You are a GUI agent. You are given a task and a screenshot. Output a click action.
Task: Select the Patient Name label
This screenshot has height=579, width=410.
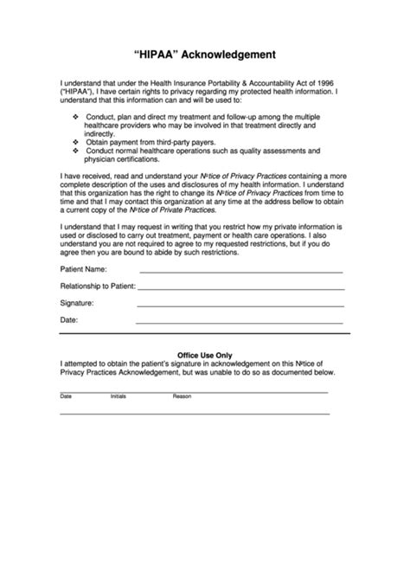[x=84, y=270]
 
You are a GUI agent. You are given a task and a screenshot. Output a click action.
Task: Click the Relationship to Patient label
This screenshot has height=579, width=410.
[x=96, y=286]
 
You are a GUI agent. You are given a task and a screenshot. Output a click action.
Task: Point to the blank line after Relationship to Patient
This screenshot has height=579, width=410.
[x=242, y=289]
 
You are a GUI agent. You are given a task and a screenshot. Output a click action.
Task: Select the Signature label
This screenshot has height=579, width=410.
[x=77, y=304]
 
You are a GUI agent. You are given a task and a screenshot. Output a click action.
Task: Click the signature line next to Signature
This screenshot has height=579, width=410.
[x=242, y=306]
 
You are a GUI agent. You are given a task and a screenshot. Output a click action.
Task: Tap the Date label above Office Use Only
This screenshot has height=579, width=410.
[x=68, y=321]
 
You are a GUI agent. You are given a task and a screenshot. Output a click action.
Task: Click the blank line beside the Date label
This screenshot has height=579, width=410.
[x=242, y=324]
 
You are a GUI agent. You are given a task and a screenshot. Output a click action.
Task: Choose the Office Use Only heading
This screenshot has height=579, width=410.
[x=204, y=355]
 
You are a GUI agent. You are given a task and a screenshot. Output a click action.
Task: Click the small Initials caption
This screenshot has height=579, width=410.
[x=118, y=396]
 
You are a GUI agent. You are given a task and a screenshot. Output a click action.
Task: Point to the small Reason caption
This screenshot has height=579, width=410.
[x=182, y=396]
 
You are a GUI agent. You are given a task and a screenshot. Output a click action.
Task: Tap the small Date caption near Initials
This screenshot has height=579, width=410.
[x=66, y=396]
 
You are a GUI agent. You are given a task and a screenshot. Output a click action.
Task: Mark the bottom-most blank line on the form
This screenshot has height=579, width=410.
[x=194, y=414]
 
